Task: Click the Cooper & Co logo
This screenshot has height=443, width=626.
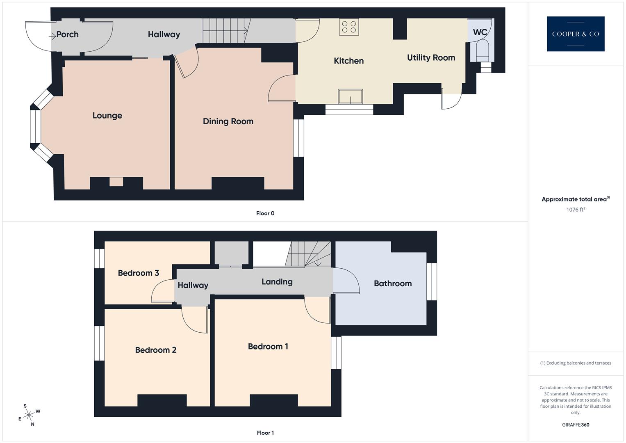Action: point(575,34)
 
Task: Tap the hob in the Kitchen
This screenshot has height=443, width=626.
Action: point(348,27)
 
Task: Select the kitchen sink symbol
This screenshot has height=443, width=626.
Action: point(350,96)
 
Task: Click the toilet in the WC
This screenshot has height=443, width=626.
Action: point(483,49)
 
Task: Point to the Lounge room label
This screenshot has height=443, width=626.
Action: point(107,115)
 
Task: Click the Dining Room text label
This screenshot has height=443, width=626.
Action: point(228,121)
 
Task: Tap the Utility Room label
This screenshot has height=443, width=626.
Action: point(431,57)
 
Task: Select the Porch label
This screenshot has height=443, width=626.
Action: point(67,34)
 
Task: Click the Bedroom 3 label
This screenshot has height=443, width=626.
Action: point(138,273)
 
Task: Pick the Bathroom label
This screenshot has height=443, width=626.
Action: point(392,283)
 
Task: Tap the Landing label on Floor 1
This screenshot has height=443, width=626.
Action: point(277,281)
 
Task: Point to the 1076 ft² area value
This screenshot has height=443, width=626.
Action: point(575,209)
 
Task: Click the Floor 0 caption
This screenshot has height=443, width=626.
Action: point(265,213)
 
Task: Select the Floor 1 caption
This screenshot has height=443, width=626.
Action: point(265,432)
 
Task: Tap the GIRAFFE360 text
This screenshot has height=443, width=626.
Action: point(575,425)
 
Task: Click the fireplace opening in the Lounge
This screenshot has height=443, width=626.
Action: point(116,181)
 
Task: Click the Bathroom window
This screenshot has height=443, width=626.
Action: point(432,281)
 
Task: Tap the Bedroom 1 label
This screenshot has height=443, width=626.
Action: point(268,346)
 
